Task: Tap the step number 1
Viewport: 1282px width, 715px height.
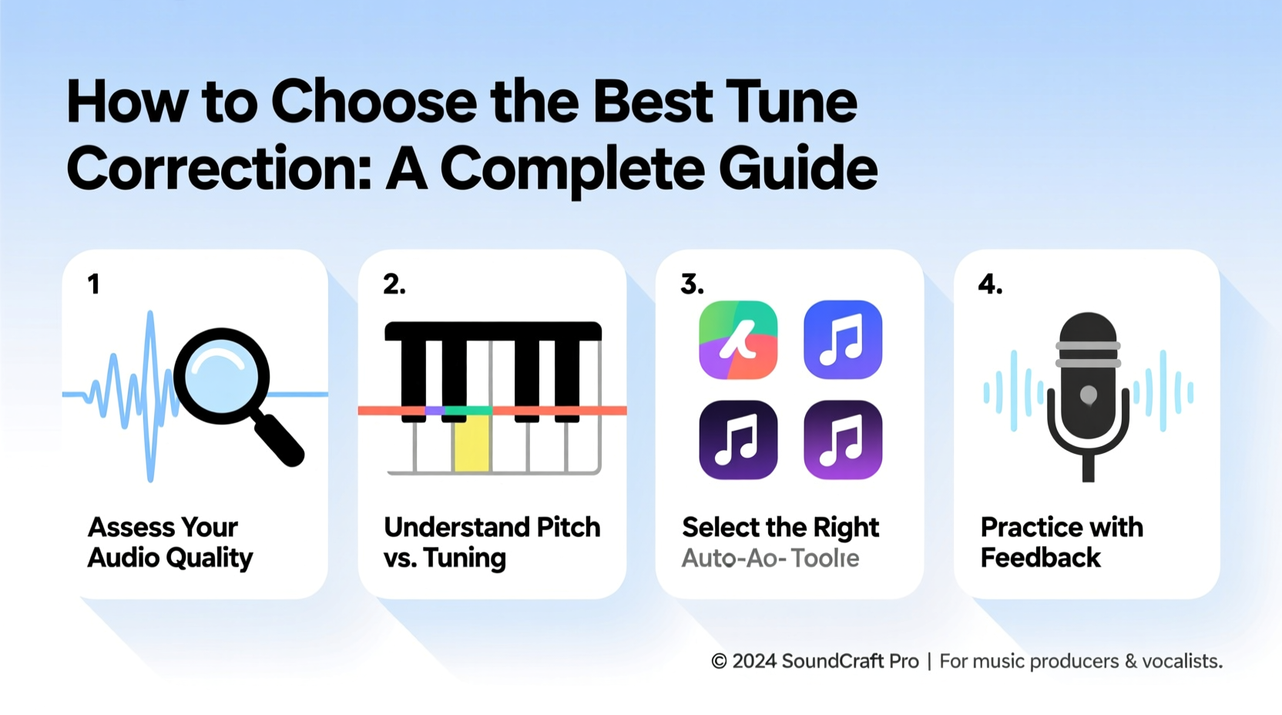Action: click(93, 284)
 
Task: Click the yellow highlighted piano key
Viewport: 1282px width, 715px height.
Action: click(472, 443)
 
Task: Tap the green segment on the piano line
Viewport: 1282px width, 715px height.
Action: click(468, 411)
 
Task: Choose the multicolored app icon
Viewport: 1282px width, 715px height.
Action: click(738, 340)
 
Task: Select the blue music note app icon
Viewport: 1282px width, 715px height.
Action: click(843, 340)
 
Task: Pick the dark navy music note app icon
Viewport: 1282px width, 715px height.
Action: click(738, 440)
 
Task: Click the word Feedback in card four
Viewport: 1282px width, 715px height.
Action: click(1040, 558)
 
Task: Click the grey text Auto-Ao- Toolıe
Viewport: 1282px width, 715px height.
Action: click(770, 558)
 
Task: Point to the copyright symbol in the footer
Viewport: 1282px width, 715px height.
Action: click(719, 661)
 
